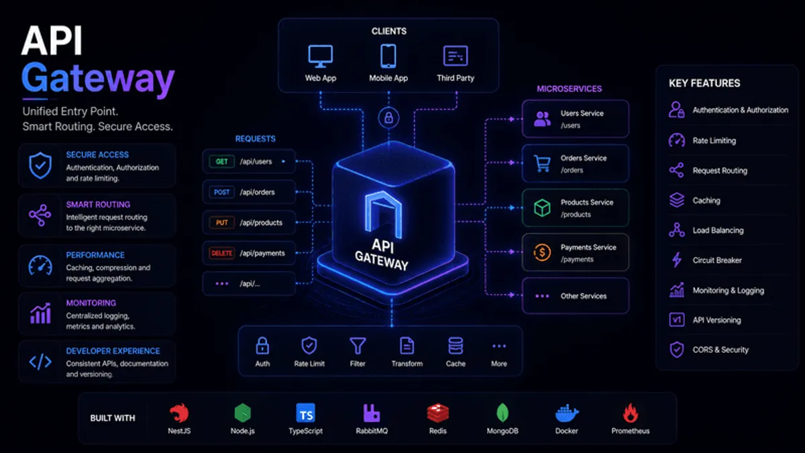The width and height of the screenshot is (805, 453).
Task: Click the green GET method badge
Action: point(221,162)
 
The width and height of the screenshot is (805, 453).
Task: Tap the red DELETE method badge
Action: point(221,253)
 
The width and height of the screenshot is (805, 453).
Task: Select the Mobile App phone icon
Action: point(388,56)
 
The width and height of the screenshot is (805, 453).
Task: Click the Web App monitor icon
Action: point(320,56)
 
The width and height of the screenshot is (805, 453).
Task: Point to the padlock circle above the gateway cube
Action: point(388,117)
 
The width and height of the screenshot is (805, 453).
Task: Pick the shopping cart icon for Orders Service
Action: point(542,164)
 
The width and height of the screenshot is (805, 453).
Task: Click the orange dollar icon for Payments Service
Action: point(542,252)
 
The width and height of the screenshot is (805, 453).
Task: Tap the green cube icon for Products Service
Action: point(542,208)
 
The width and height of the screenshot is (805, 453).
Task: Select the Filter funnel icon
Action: point(358,346)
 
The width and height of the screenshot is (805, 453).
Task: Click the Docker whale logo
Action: point(567,413)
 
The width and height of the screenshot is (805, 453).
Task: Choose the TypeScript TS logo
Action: point(305,413)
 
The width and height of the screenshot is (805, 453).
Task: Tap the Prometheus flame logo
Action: point(631,413)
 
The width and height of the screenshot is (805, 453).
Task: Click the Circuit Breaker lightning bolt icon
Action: point(677,260)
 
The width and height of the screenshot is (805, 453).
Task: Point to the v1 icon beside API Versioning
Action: point(677,319)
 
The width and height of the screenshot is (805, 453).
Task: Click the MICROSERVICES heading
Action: point(570,89)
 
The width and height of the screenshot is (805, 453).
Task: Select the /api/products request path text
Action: point(261,223)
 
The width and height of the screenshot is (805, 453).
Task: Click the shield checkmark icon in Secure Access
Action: point(40,165)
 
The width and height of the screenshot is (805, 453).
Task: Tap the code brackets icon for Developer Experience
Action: point(40,362)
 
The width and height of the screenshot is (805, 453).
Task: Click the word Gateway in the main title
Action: point(98,79)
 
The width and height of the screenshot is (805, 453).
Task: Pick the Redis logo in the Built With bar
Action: point(437,413)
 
